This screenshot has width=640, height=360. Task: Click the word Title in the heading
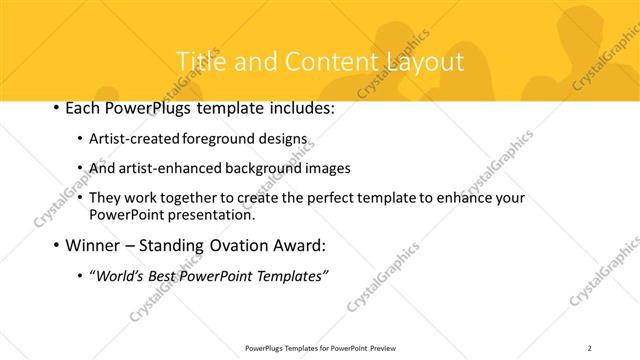(198, 62)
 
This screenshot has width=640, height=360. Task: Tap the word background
(268, 168)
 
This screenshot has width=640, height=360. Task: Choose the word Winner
(93, 246)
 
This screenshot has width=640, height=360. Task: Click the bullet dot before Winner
(54, 246)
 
